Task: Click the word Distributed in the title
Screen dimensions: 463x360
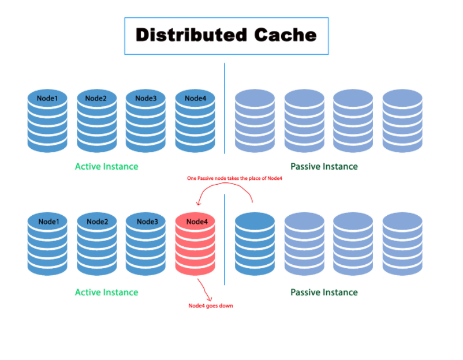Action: coord(191,35)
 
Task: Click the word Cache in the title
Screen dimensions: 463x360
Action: coord(286,35)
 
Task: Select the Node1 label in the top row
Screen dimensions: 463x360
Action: coord(47,98)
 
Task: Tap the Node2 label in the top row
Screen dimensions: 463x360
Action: coord(96,98)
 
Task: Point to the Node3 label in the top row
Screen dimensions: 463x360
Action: coord(146,98)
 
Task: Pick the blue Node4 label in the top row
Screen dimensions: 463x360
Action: coord(196,98)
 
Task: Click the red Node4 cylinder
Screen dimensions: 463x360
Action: coord(195,243)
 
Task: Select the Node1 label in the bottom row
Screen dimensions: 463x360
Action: coord(48,222)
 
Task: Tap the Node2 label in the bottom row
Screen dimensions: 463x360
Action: coord(98,222)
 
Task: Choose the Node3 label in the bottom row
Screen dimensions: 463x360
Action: coord(147,222)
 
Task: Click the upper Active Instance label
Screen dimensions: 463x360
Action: coord(107,166)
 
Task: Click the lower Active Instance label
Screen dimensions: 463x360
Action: coord(107,292)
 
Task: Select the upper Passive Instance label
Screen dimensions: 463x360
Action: coord(324,166)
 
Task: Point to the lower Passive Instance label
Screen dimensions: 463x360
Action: coord(324,292)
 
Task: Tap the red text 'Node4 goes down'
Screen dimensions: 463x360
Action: coord(211,306)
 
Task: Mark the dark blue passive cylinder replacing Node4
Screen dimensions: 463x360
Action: coord(255,243)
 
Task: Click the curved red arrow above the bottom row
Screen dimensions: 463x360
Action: coord(225,183)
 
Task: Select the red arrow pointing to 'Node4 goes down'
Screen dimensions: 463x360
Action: coord(205,290)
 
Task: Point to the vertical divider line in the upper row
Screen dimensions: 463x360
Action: coord(225,108)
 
